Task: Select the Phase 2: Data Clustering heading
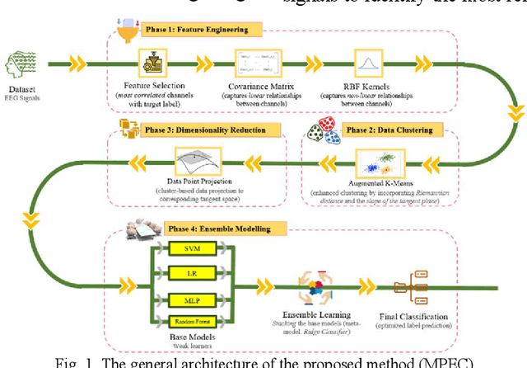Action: click(389, 130)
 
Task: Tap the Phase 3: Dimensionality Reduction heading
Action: click(194, 130)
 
